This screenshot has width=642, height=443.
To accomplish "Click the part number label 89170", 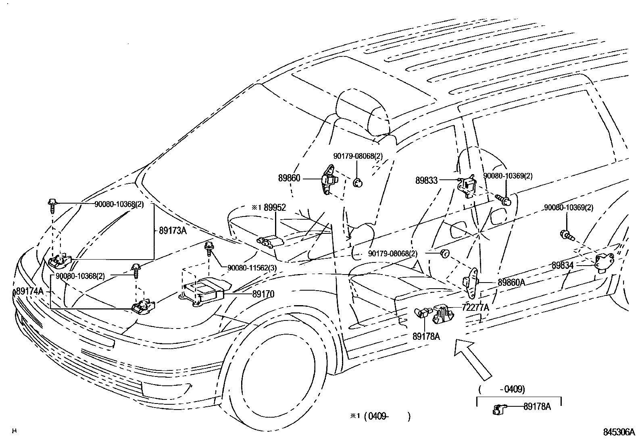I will click(x=263, y=294).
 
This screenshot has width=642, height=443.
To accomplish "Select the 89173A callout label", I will click(x=173, y=231).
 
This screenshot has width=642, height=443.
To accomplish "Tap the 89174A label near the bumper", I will click(x=29, y=291).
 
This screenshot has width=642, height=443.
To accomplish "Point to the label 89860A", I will click(x=511, y=283).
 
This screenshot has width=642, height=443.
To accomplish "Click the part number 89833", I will click(x=426, y=181).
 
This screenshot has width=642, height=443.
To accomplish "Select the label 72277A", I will click(x=475, y=308).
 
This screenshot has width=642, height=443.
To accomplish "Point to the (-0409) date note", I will click(x=502, y=389).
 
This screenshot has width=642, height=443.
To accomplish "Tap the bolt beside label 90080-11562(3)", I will click(x=209, y=248).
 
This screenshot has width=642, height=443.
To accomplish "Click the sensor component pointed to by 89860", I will click(x=328, y=179).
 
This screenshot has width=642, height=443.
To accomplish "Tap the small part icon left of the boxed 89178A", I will click(x=498, y=409).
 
